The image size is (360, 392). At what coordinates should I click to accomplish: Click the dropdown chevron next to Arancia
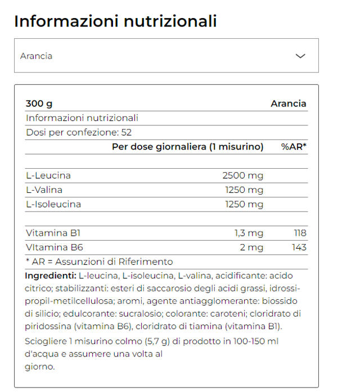point(300,56)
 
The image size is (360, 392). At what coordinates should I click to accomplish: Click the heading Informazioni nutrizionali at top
point(115,21)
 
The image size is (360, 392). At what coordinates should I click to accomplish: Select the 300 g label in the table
point(39,103)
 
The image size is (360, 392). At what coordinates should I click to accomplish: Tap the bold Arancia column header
point(288,103)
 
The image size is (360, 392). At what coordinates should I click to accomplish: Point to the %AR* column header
point(294,147)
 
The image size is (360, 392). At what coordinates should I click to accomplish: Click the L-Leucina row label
point(48,175)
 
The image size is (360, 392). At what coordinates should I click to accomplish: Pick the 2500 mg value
point(242,175)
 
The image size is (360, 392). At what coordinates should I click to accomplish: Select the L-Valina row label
point(44,190)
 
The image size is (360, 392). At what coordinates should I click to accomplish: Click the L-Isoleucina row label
point(53,204)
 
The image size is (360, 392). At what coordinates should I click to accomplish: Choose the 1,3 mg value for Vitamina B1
point(249,233)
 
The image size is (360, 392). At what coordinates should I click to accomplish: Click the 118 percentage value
point(299,233)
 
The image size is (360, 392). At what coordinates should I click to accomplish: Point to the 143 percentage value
point(299,247)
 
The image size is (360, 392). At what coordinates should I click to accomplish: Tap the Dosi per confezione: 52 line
point(79,133)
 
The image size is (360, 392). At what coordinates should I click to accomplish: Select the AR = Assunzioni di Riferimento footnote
point(100,262)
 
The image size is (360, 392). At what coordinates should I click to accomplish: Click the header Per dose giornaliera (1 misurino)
point(187,147)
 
